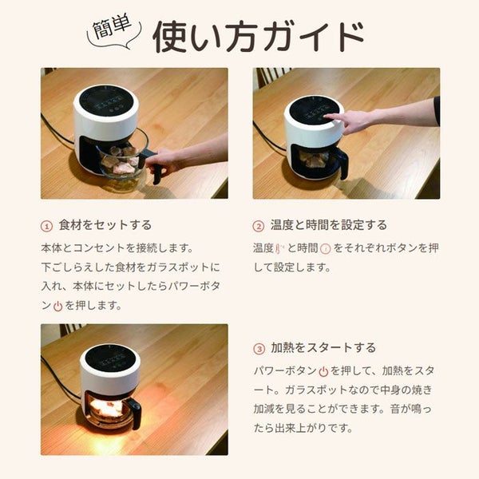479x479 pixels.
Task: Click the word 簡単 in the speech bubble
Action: tap(112, 27)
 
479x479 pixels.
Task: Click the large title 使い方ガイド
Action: tap(259, 37)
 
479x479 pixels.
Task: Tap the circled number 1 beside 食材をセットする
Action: tap(47, 227)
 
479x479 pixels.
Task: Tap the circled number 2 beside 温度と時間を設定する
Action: tap(259, 227)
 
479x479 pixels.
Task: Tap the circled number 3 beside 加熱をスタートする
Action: tap(259, 349)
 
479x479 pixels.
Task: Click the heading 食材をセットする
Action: tap(105, 225)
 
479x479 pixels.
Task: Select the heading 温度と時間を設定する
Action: tap(328, 225)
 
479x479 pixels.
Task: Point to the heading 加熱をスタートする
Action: tap(323, 347)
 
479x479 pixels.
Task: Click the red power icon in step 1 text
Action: tap(57, 306)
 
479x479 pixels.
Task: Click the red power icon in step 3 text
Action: tap(323, 372)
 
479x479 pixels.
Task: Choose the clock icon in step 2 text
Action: tap(326, 248)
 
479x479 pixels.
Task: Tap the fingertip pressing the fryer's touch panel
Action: tap(326, 117)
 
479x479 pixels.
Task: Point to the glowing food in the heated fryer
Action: tap(106, 408)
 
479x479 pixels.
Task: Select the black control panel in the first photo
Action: tap(105, 101)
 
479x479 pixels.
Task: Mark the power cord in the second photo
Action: tap(269, 137)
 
